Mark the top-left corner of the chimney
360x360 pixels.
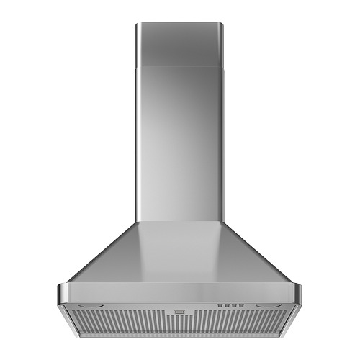pos(137,24)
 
